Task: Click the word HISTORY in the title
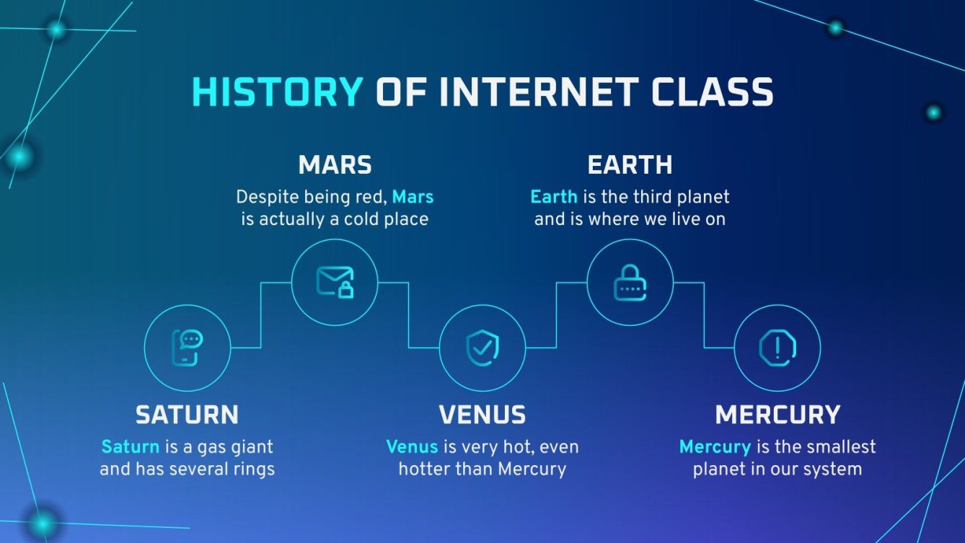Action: click(x=277, y=93)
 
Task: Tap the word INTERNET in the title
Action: click(x=538, y=93)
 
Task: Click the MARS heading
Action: click(x=335, y=165)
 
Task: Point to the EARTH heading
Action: click(x=630, y=165)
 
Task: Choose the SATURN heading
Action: click(x=187, y=415)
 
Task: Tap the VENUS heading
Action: click(x=482, y=415)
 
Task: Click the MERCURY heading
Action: click(x=777, y=415)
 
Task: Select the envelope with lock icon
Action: click(x=335, y=282)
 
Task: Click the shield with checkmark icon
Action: click(x=482, y=348)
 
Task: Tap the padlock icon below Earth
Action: click(x=630, y=282)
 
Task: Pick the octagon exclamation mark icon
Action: click(x=777, y=348)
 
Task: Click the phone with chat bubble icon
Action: click(x=187, y=348)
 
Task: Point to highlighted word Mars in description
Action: click(x=413, y=196)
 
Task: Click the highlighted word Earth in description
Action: click(x=553, y=196)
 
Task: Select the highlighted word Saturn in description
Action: click(x=130, y=446)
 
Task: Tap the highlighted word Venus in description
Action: click(x=412, y=446)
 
